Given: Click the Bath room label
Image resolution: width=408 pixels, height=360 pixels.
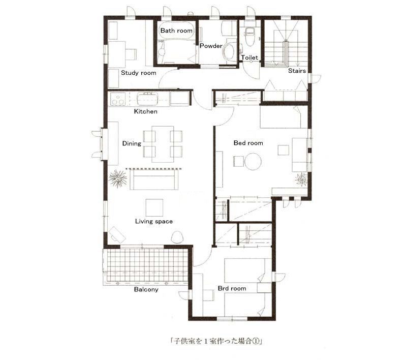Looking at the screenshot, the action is tap(176, 31).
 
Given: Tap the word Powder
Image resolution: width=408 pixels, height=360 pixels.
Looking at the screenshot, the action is tap(211, 46).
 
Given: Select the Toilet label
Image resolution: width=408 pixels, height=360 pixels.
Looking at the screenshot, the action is tap(249, 57).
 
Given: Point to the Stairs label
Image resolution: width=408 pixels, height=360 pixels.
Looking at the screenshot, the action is tap(297, 71).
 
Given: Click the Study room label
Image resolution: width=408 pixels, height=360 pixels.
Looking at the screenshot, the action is tap(138, 73).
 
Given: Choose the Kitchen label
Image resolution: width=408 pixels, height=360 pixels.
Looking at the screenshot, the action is tap(145, 111).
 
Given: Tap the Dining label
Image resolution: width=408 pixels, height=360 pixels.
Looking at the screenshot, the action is tap(132, 143).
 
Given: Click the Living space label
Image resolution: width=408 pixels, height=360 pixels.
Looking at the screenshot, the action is tap(154, 221).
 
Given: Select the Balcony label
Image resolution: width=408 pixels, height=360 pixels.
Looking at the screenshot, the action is tap(146, 289).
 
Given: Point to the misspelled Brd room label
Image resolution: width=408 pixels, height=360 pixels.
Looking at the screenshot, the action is tap(232, 288).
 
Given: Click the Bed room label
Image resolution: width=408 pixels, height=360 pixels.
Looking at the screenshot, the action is tap(248, 143).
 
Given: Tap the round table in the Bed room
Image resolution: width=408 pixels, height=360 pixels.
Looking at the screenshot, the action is tap(253, 162).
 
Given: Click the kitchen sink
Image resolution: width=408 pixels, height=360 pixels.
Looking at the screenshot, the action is tap(148, 99).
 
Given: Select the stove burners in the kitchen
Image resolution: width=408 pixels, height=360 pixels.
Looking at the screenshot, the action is tap(118, 100).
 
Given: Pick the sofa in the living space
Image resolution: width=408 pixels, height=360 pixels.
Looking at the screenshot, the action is tap(154, 179).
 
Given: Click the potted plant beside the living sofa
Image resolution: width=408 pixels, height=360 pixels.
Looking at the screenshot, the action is tap(118, 178).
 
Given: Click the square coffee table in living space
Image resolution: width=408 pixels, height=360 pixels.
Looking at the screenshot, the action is tap(154, 207).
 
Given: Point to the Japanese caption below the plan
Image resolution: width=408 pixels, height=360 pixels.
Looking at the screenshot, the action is tap(216, 341).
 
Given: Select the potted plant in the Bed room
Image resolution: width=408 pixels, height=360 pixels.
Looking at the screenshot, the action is tap(301, 179).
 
